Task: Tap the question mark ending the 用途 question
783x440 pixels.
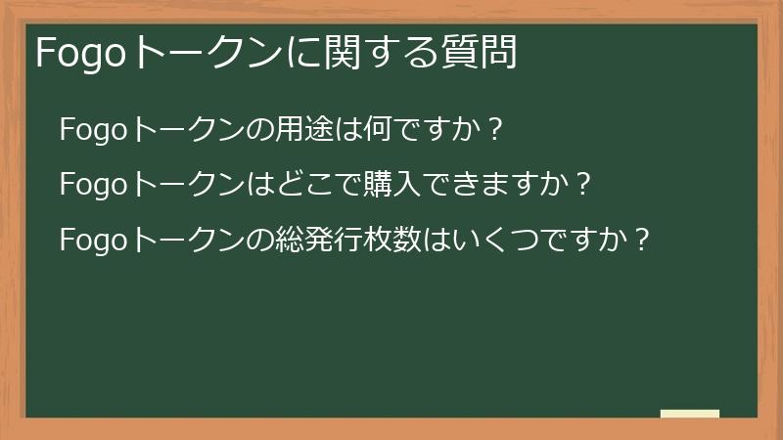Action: click(x=494, y=129)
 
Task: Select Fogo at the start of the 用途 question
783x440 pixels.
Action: click(x=94, y=129)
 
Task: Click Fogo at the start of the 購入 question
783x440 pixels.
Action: click(x=94, y=184)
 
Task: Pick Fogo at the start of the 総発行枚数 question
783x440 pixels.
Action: click(x=94, y=240)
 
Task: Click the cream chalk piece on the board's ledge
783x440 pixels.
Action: click(x=690, y=414)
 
